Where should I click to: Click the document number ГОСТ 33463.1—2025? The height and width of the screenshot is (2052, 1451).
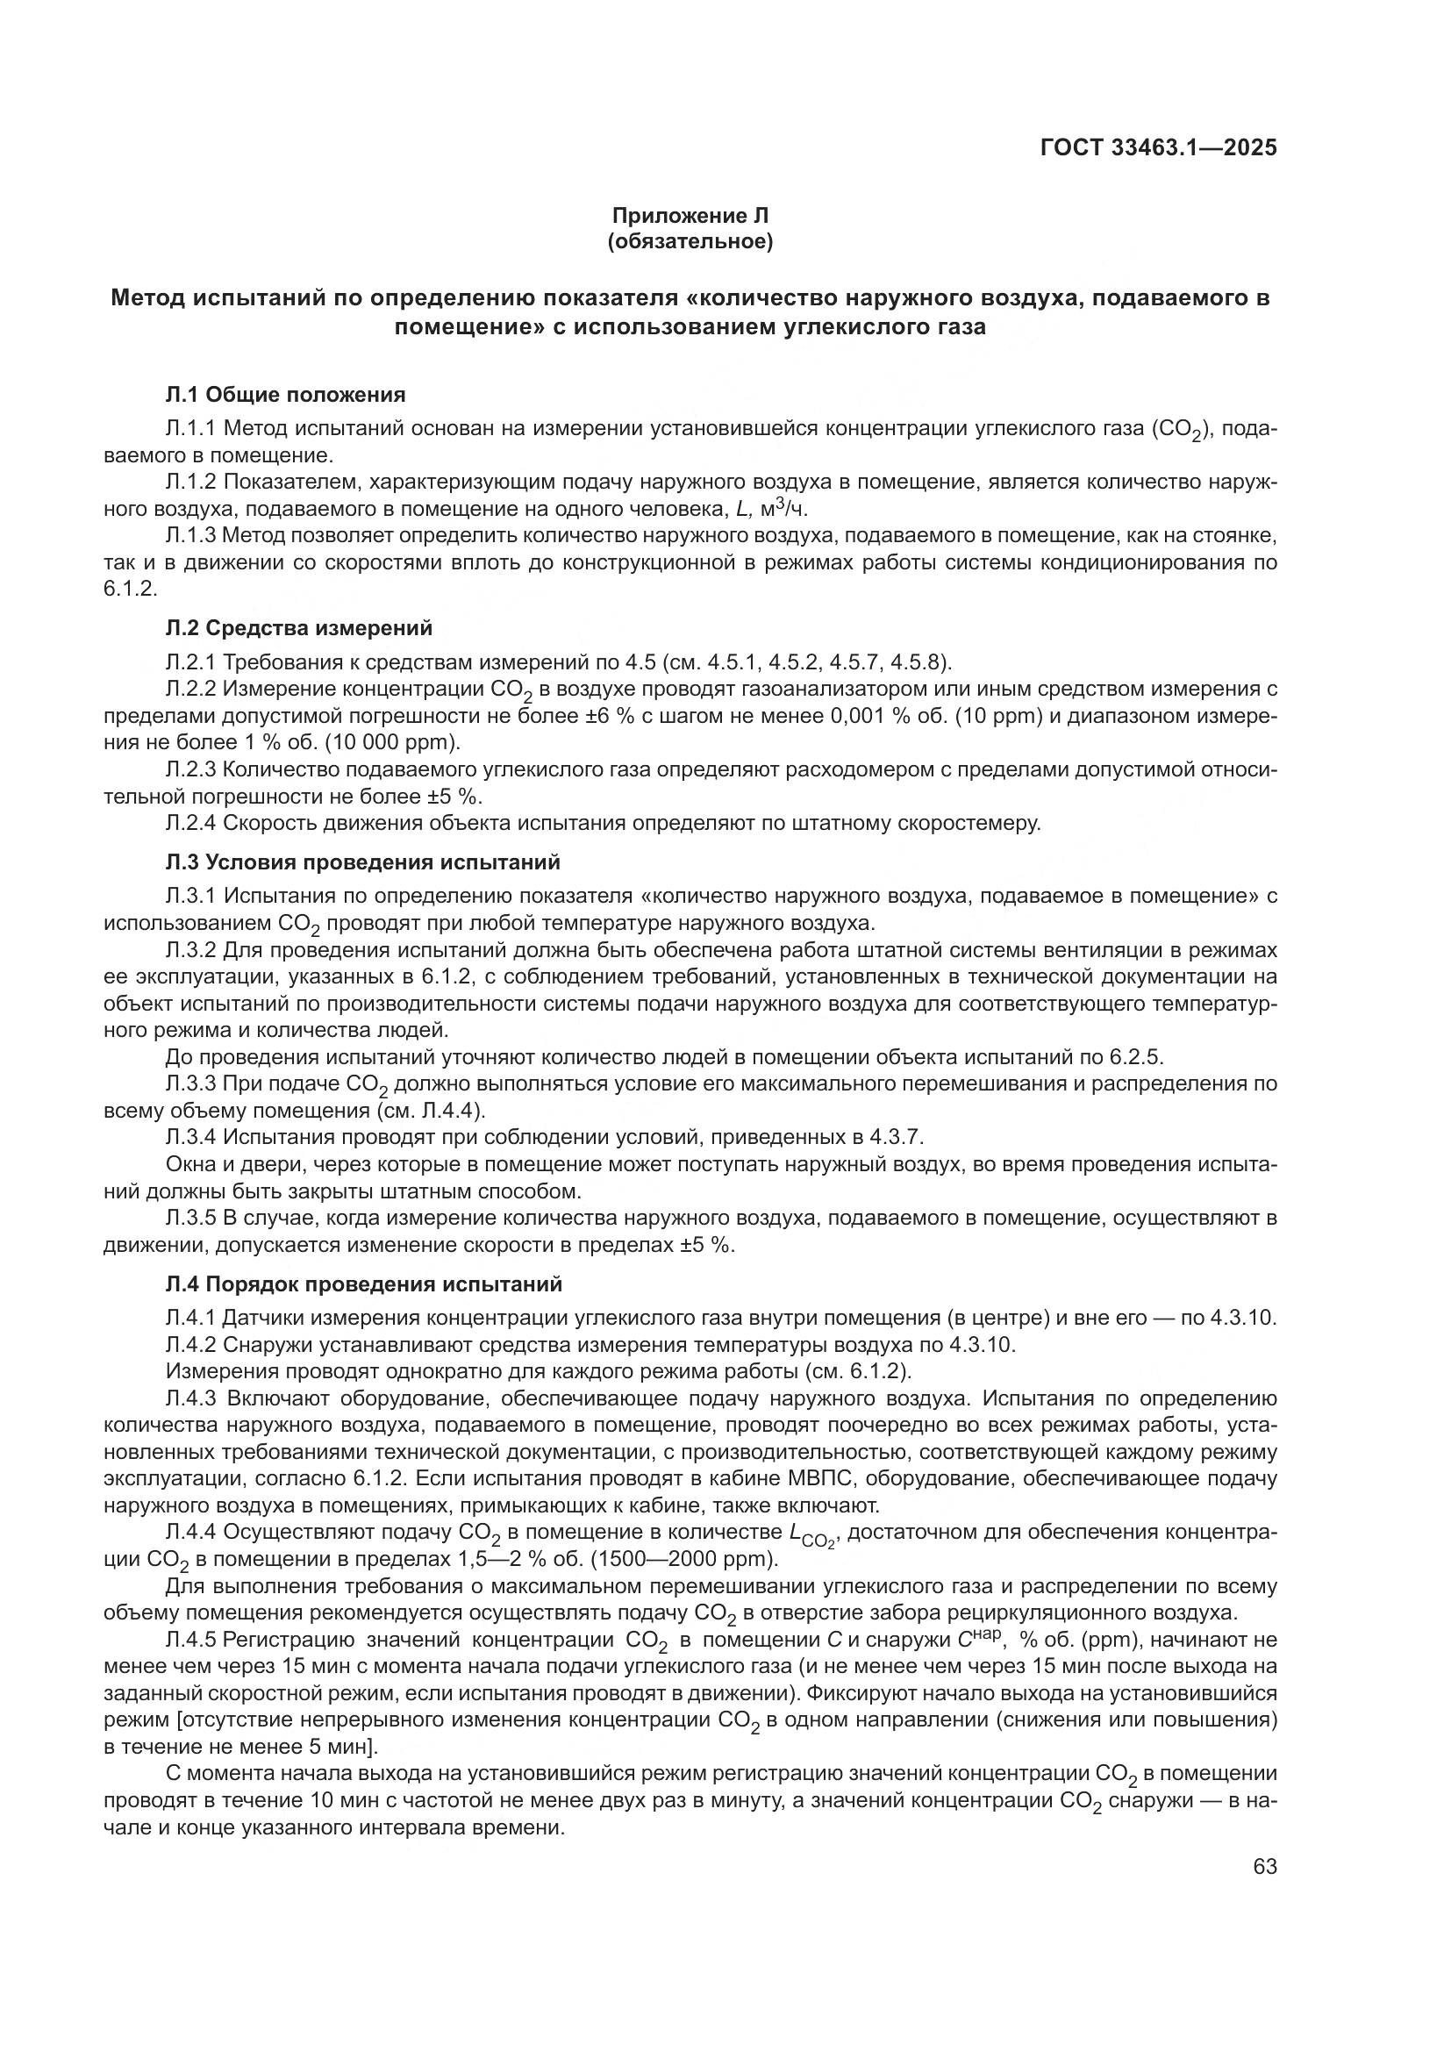[1158, 147]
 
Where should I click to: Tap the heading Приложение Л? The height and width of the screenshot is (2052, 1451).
[690, 216]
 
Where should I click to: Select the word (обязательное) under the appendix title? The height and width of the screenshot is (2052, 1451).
[690, 241]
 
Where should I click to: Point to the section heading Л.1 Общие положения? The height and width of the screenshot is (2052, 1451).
[286, 394]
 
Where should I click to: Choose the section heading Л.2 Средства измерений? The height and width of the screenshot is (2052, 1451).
[298, 628]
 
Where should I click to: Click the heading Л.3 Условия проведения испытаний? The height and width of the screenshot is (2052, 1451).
[363, 862]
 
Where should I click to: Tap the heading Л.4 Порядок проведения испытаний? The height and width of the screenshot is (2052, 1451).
[364, 1284]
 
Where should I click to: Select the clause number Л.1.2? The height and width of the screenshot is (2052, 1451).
[191, 482]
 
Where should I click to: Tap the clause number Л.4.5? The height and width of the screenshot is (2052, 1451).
[191, 1640]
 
